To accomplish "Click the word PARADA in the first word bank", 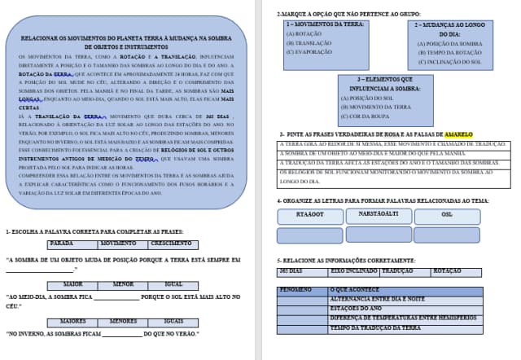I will pos(62,244).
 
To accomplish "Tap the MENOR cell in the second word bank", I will pos(124,284).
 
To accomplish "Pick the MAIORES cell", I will pos(73,321).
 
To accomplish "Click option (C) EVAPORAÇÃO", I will pos(309,50).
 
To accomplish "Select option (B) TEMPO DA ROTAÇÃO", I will pos(444,52).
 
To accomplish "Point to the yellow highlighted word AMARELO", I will pos(458,134).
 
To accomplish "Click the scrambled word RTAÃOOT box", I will pos(309,216).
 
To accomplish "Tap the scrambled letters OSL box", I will pos(446,216).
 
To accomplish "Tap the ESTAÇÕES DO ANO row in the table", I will pos(355,309).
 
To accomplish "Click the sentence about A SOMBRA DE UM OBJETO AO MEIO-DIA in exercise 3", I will pos(383,153).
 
